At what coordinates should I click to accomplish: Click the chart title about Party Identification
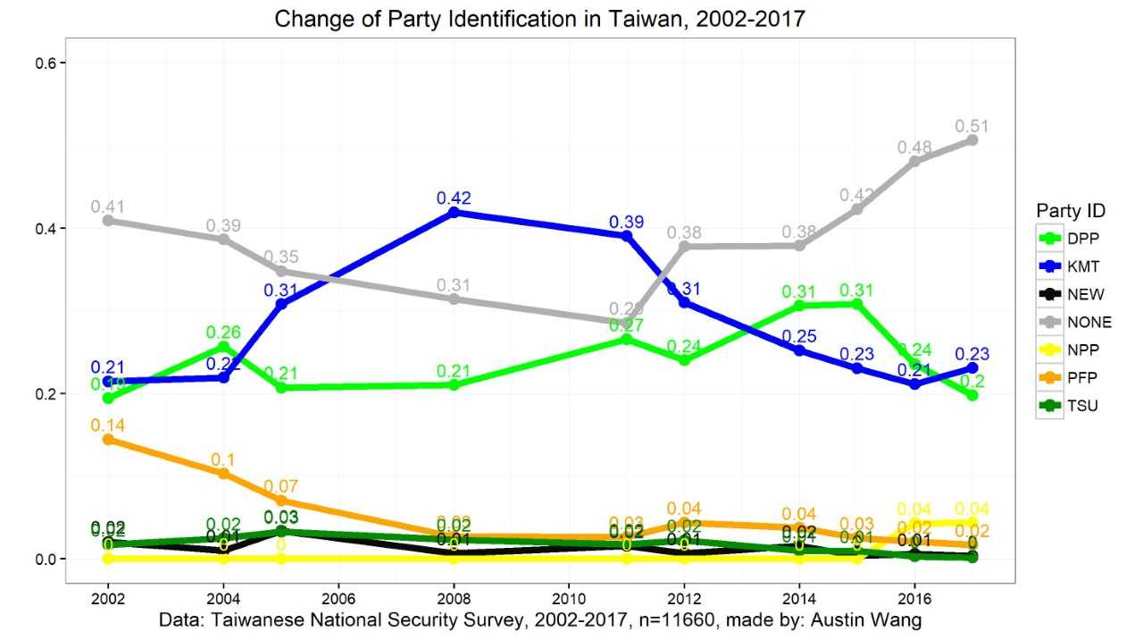pyautogui.click(x=539, y=19)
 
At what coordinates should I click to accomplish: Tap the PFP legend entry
pyautogui.click(x=1070, y=377)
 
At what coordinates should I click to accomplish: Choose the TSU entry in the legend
pyautogui.click(x=1070, y=405)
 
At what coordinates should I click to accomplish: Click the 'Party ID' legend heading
pyautogui.click(x=1071, y=211)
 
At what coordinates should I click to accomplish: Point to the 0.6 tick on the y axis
pyautogui.click(x=45, y=63)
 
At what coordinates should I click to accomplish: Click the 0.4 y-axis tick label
pyautogui.click(x=45, y=228)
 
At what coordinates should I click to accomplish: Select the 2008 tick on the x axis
pyautogui.click(x=454, y=596)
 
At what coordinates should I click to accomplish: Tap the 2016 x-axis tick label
pyautogui.click(x=914, y=596)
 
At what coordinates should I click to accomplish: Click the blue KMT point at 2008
pyautogui.click(x=454, y=212)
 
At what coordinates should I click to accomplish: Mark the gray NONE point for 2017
pyautogui.click(x=972, y=139)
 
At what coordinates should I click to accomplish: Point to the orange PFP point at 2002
pyautogui.click(x=108, y=439)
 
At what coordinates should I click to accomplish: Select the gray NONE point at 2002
pyautogui.click(x=108, y=220)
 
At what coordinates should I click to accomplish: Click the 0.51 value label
pyautogui.click(x=972, y=126)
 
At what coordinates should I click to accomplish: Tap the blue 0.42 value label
pyautogui.click(x=454, y=198)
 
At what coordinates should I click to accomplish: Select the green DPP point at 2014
pyautogui.click(x=799, y=306)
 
